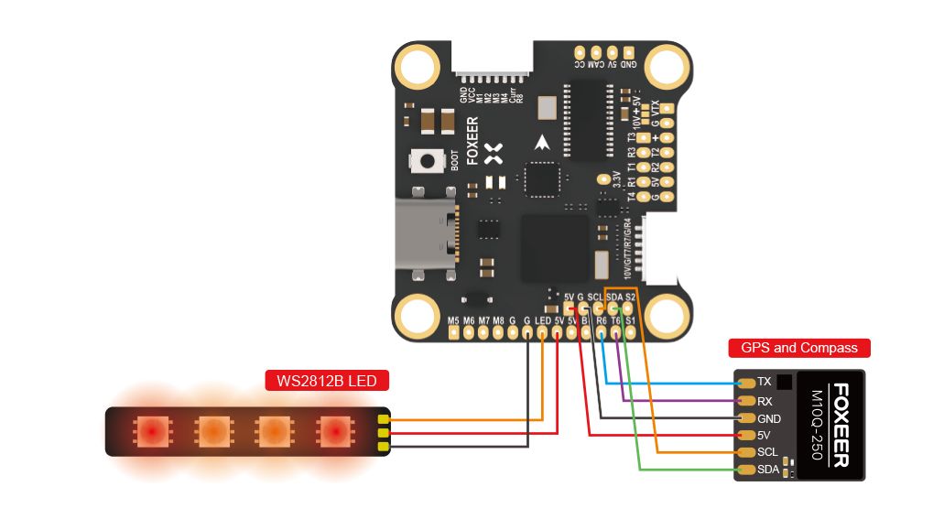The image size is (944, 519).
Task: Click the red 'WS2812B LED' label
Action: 327,380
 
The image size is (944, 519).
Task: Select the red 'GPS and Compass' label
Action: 798,348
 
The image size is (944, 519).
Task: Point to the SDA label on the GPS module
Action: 769,470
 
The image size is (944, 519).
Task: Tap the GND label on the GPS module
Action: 770,417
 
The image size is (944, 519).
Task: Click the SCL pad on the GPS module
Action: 747,452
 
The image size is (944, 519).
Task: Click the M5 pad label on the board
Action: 453,320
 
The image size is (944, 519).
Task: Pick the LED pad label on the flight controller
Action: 543,320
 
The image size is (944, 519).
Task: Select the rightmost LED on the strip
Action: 334,430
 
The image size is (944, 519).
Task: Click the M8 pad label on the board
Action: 499,320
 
